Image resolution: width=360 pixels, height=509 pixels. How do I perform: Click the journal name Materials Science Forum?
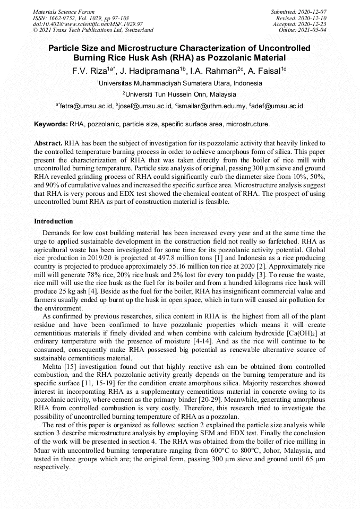click(64, 12)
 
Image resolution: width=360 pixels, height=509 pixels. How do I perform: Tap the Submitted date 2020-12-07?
click(313, 12)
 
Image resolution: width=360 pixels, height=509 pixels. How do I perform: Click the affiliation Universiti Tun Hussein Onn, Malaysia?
click(180, 94)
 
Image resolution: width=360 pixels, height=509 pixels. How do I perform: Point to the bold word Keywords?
click(51, 124)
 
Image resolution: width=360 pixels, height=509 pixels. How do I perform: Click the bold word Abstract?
click(49, 143)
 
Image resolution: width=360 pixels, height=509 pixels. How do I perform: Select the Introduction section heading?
click(54, 221)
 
